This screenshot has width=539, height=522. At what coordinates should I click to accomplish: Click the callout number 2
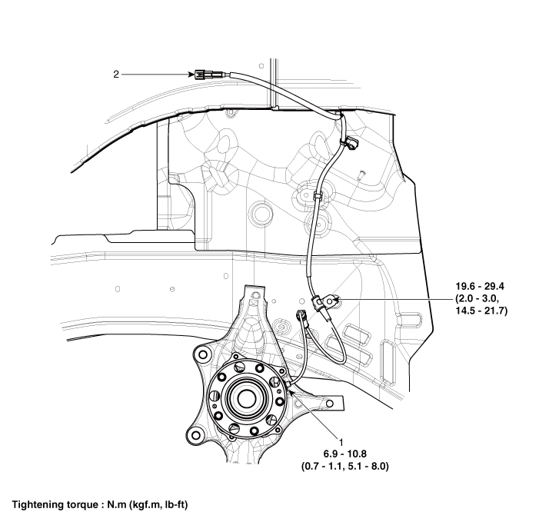click(116, 75)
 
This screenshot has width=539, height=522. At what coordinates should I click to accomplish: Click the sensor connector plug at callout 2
click(205, 75)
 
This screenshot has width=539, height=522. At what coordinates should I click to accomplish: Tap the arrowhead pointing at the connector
click(191, 75)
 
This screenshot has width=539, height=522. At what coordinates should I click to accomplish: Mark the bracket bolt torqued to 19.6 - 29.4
click(331, 302)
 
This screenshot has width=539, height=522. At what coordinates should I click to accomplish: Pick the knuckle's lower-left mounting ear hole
click(197, 435)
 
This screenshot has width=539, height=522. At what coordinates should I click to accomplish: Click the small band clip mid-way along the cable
click(318, 198)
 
